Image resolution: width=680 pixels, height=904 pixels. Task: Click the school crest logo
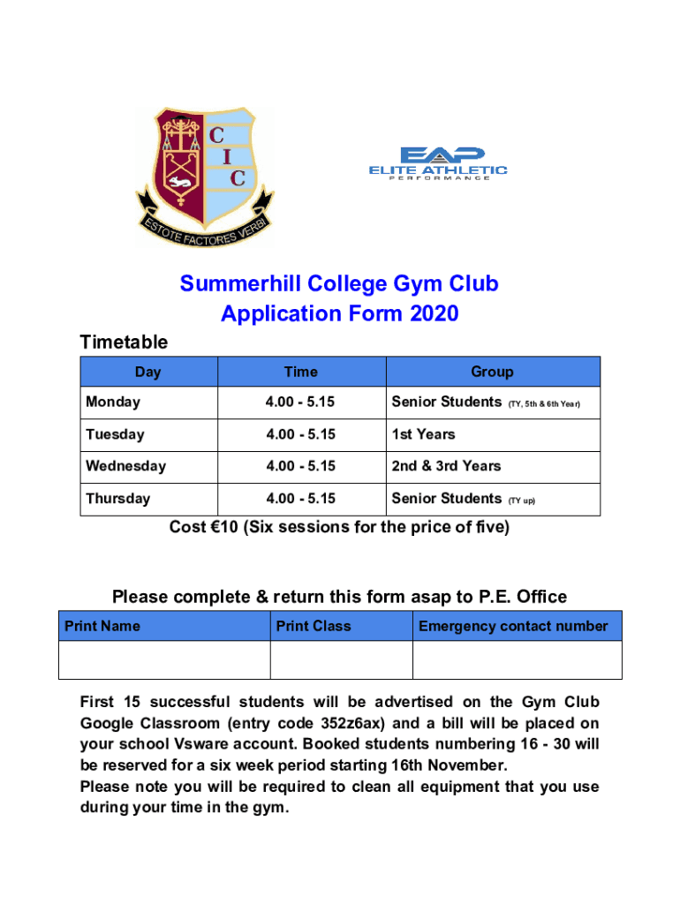pos(204,177)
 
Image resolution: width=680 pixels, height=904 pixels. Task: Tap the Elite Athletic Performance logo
pos(438,164)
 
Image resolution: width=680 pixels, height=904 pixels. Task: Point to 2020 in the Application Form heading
pos(434,313)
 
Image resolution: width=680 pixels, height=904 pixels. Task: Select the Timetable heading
pos(124,342)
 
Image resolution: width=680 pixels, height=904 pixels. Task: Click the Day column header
pos(148,372)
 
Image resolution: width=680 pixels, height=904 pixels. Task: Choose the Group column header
pos(492,372)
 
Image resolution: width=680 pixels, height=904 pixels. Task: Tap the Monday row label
pos(113,403)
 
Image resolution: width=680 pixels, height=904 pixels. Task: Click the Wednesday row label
pos(125,466)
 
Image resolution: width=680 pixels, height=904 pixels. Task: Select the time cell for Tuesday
pos(300,434)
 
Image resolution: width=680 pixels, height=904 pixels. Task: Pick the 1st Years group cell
pos(424,434)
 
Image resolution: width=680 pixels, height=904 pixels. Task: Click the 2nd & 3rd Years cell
pos(446,466)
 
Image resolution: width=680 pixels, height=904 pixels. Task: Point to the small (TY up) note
pos(521,501)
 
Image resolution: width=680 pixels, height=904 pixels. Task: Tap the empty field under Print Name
pos(164,659)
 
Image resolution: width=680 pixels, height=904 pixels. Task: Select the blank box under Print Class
pos(341,659)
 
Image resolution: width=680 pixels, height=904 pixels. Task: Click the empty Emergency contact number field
pos(517,659)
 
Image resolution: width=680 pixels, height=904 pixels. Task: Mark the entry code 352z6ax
pos(351,723)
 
